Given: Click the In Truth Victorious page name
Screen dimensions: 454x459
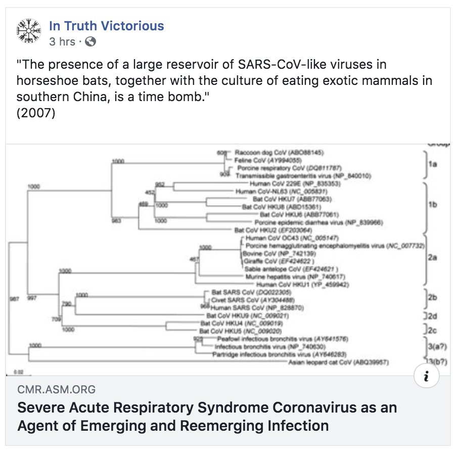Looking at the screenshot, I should pos(106,26).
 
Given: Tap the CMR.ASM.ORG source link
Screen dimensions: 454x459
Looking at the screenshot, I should pos(56,389).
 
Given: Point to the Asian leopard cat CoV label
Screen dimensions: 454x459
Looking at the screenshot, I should pos(329,362).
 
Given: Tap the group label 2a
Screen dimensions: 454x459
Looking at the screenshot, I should pos(431,258).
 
